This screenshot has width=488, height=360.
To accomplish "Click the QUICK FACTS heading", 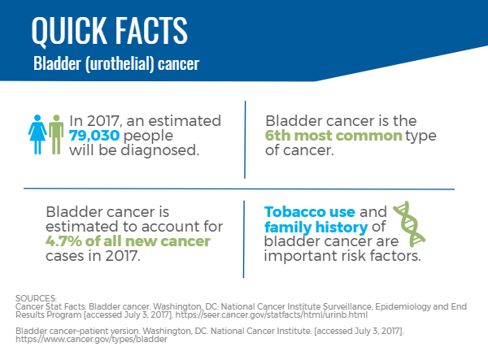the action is point(110,31).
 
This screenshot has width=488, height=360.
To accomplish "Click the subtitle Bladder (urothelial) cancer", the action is point(116,64).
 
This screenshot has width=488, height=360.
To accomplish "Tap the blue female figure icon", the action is point(37,135).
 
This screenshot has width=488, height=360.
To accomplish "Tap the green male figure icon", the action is point(56,135).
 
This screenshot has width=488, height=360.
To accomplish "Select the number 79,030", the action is point(94,136).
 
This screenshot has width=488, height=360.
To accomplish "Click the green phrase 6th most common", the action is point(333,136).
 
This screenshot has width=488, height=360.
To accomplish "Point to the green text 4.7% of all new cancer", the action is point(128,241).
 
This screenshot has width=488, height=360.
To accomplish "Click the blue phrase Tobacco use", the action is point(310,212).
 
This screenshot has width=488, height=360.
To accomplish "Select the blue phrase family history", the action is point(316,228).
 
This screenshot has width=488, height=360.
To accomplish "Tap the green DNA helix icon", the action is point(409,223).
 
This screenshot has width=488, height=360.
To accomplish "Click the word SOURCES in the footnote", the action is point(36,298).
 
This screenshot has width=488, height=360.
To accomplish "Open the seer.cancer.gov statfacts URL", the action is point(272,315).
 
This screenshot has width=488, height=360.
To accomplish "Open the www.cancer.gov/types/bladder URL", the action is point(91,339).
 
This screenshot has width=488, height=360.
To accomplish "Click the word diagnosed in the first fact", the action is point(159,150).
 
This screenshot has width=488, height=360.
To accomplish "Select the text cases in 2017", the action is point(93,256).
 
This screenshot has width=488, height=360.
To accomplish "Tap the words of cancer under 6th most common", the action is point(299,150).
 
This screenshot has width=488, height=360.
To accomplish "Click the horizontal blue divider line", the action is point(239,189).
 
